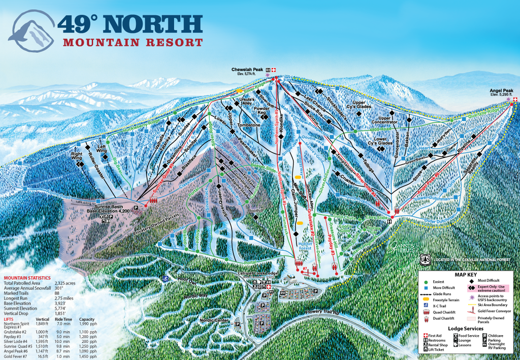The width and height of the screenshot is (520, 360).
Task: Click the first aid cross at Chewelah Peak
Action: tap(274, 70)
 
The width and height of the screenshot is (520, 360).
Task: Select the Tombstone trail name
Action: tap(248, 125)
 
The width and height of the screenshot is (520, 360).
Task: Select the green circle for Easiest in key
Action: tap(426, 281)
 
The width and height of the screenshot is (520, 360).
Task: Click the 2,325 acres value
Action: tap(64, 282)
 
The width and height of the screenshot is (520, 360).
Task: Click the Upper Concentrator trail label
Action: tap(392, 120)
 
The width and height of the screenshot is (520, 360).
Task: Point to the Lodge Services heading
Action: tap(466, 329)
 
